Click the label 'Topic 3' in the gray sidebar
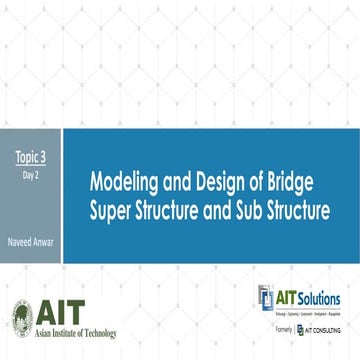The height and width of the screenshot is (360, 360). [31, 157]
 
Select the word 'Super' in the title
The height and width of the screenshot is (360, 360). [112, 211]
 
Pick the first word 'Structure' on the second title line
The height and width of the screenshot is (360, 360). [173, 211]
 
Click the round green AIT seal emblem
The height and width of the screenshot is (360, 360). [22, 316]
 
